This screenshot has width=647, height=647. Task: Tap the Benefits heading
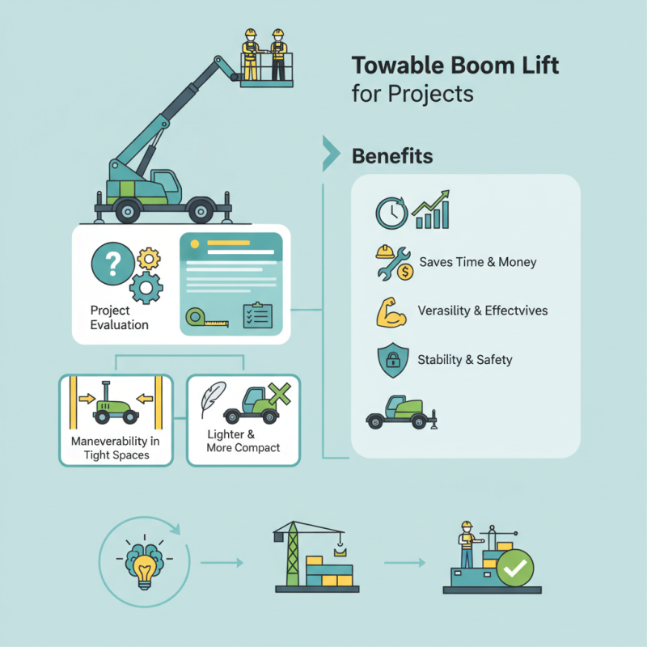(392, 156)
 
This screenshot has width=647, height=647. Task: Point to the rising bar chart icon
(431, 210)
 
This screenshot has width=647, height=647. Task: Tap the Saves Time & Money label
(478, 262)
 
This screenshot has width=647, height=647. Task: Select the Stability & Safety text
(465, 359)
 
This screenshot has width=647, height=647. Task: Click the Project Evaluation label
(120, 318)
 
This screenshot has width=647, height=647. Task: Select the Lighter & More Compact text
(243, 441)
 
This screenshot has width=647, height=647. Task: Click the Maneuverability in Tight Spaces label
(115, 448)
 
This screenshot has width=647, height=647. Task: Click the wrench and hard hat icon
(394, 263)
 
